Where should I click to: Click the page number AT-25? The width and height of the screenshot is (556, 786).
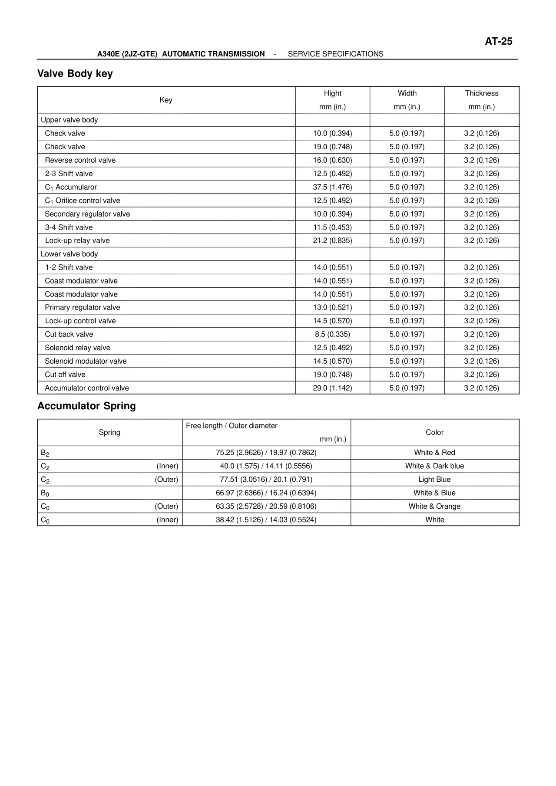(498, 42)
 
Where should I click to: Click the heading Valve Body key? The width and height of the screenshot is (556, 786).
(75, 74)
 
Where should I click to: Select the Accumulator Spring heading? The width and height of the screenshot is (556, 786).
(86, 406)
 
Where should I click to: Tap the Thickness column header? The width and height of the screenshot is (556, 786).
(481, 93)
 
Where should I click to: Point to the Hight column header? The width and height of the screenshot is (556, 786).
(332, 93)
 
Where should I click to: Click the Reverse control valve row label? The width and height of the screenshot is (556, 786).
(80, 160)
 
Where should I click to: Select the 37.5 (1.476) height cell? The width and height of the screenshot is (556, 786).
(332, 187)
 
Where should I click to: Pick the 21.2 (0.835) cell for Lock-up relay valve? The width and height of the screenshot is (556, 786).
(332, 240)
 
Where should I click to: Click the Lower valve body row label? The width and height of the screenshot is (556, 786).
(69, 254)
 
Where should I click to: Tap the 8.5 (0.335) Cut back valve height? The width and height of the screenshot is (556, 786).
(332, 334)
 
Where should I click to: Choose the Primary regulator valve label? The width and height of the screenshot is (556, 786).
(82, 307)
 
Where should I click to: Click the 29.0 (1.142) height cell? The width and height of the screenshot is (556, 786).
(332, 388)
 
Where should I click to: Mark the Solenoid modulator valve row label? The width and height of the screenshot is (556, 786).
(86, 361)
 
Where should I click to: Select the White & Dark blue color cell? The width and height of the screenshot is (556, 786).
(434, 466)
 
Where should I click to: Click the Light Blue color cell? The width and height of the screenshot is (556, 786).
(434, 480)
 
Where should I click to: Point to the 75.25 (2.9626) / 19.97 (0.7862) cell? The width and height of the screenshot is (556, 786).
(266, 453)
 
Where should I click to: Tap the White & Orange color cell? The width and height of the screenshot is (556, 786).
(434, 506)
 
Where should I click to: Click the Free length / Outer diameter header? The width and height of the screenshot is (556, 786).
(232, 426)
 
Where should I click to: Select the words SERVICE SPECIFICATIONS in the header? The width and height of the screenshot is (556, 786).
(335, 54)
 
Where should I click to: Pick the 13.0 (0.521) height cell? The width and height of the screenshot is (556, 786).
(332, 307)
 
